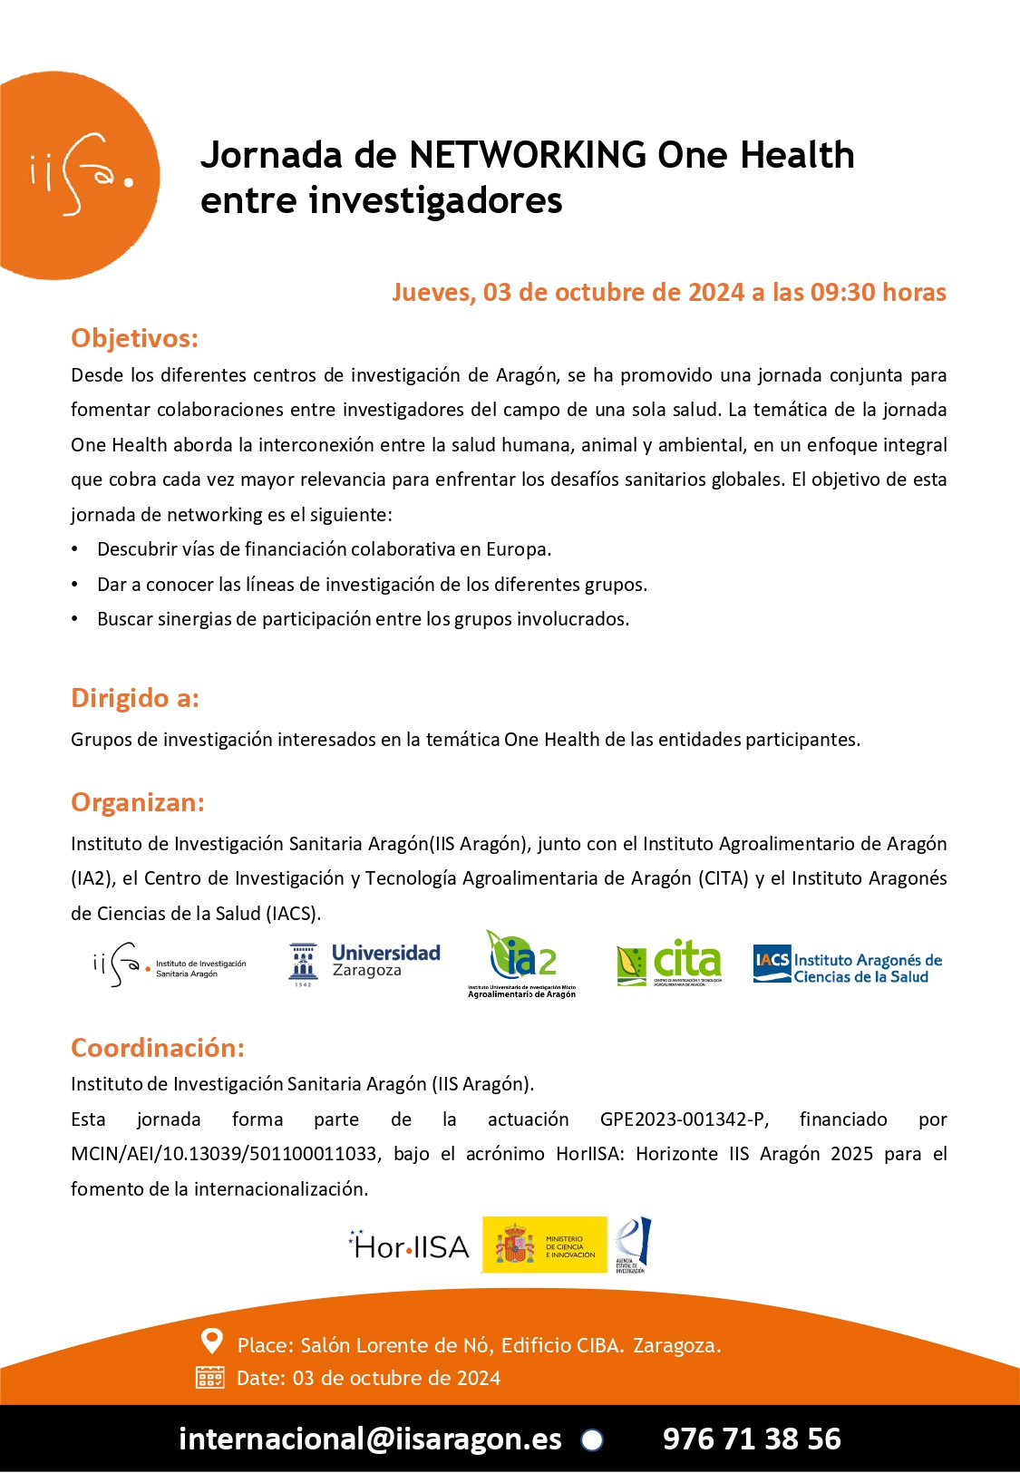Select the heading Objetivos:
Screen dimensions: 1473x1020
point(134,338)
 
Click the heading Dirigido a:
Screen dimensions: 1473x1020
point(135,698)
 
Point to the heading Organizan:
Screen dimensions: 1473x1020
point(138,802)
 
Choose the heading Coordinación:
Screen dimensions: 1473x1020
point(158,1048)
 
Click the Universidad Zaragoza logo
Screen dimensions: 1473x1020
point(365,963)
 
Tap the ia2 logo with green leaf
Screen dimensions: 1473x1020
point(522,963)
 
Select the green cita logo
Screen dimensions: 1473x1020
point(669,963)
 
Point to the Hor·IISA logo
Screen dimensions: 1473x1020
point(409,1246)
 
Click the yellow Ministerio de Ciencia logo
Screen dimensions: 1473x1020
point(544,1245)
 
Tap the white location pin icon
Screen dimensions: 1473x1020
point(211,1341)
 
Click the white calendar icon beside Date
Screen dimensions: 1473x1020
point(210,1378)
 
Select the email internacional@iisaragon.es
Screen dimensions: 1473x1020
point(370,1439)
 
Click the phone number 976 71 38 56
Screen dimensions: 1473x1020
point(752,1439)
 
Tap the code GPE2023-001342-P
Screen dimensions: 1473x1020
point(684,1119)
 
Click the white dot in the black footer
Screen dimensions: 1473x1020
point(592,1439)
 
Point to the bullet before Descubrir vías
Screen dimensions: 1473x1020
point(75,549)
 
